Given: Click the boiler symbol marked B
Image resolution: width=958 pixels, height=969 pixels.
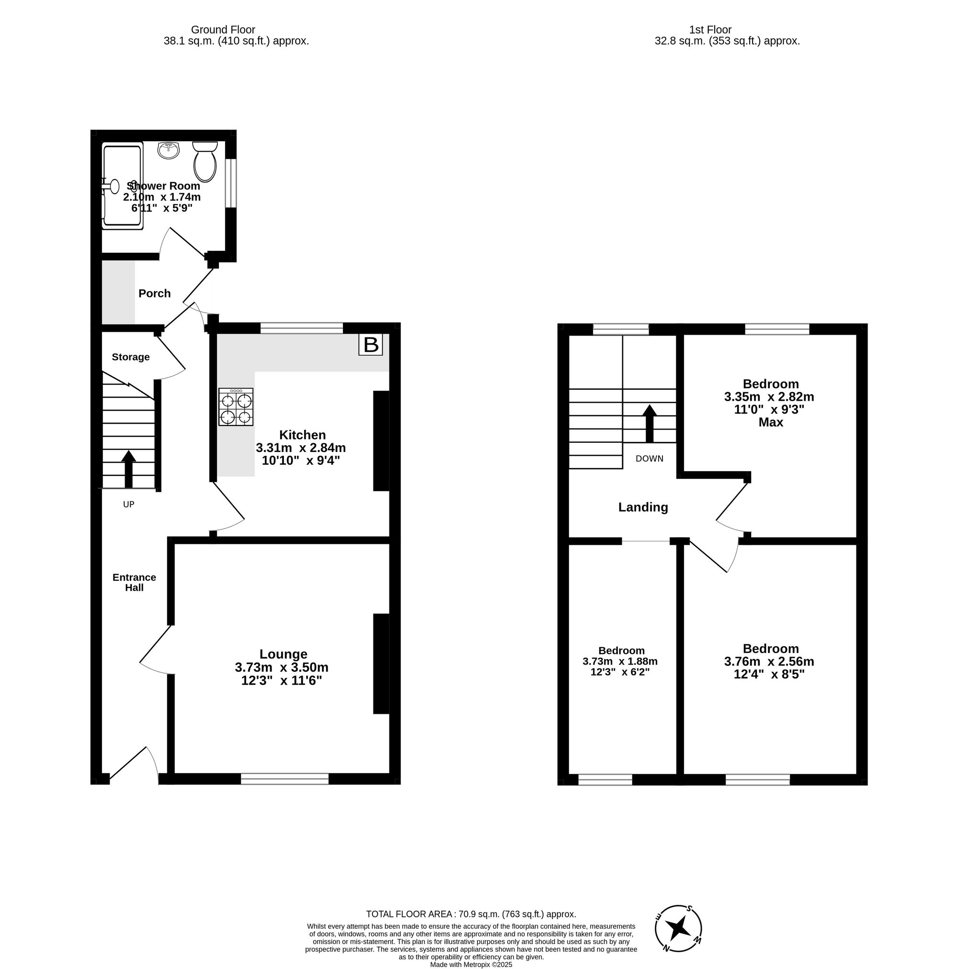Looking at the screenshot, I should (x=370, y=345).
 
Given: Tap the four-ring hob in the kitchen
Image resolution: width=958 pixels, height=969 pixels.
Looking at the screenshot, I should (x=235, y=407).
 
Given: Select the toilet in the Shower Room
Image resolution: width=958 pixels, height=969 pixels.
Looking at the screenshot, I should (x=205, y=161).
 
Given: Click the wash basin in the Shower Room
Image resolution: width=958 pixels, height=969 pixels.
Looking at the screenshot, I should (x=169, y=150).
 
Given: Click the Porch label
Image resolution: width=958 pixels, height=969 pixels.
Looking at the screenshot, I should (x=154, y=293).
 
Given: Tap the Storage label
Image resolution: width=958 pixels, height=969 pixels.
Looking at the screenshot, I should (x=130, y=357).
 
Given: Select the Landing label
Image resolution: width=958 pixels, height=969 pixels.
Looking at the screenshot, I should (x=643, y=507).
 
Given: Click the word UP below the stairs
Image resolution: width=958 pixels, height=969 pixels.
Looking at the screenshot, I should (x=128, y=504).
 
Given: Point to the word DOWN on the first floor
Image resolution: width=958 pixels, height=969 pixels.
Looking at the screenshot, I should (x=649, y=459).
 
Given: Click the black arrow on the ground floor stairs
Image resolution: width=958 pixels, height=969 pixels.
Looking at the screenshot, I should (x=128, y=468).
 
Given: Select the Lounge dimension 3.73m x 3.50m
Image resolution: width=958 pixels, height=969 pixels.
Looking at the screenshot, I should (x=281, y=667).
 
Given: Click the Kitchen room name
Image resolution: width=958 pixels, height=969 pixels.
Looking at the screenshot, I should (x=302, y=435).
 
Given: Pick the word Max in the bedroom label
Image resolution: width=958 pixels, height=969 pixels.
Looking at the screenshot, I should (x=770, y=422).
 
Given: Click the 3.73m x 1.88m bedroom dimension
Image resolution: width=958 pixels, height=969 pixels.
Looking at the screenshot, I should (x=620, y=662).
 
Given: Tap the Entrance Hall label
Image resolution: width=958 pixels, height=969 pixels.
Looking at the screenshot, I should (x=134, y=582).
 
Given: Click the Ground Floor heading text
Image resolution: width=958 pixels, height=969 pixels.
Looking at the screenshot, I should (x=223, y=30).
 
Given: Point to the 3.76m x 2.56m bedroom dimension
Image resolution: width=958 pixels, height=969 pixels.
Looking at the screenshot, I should (x=769, y=662).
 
